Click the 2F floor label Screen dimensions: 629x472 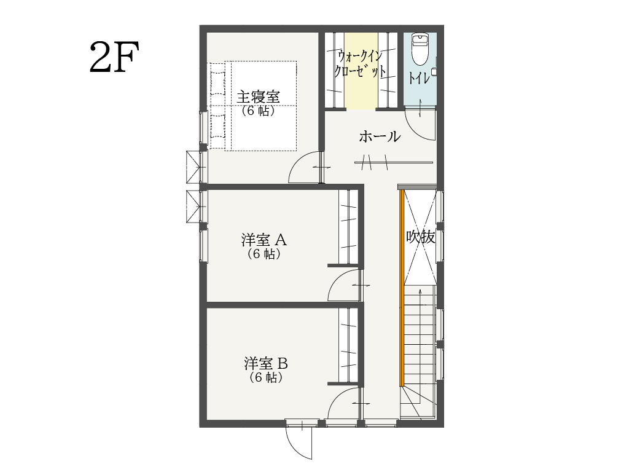point(114,57)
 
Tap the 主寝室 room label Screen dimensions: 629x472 point(258,96)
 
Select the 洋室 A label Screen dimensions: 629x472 point(264,240)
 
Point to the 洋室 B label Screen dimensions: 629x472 point(266,364)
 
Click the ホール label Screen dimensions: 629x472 point(380,136)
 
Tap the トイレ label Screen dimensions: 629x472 point(419,78)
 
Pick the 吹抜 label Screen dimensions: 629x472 point(420,237)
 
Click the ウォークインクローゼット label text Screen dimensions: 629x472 point(360,64)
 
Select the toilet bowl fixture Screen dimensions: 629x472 point(420,50)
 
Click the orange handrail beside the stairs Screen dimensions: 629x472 point(401,288)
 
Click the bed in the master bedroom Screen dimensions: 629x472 point(252,106)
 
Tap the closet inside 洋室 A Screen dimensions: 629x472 point(348,227)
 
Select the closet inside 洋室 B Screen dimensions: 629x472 point(348,345)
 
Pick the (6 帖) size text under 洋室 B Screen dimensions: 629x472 point(266,377)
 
